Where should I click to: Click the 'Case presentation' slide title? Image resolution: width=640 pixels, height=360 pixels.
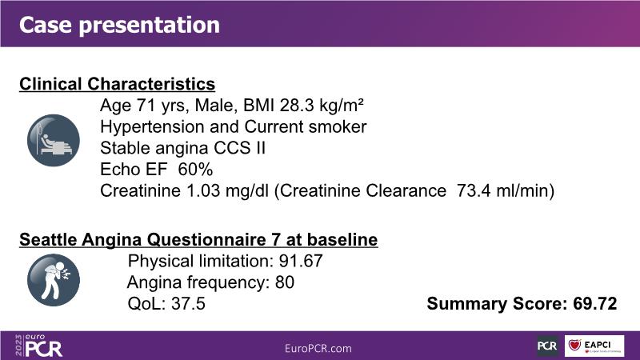(x=119, y=26)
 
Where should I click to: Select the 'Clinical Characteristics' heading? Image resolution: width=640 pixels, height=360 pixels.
(x=117, y=84)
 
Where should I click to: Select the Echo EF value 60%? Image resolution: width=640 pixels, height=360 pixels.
(x=195, y=170)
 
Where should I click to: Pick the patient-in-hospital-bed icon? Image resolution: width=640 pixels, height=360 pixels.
(x=54, y=141)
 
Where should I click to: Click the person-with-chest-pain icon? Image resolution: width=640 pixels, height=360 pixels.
(x=54, y=280)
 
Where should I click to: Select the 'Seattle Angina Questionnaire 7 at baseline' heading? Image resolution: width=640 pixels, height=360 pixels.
(x=198, y=239)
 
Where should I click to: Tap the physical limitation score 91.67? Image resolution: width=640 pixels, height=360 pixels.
(x=301, y=262)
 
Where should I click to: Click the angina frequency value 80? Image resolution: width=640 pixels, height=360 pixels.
(x=285, y=282)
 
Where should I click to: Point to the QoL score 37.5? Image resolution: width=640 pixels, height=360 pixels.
(x=188, y=304)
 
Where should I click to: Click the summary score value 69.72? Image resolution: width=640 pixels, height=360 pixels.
(x=595, y=304)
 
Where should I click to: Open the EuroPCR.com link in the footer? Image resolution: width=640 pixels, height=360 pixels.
(x=318, y=349)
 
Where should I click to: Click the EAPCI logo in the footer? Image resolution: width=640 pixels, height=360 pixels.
(x=594, y=346)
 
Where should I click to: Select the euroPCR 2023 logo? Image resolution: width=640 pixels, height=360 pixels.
(x=38, y=346)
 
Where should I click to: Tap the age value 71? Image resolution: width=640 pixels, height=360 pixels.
(x=146, y=106)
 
